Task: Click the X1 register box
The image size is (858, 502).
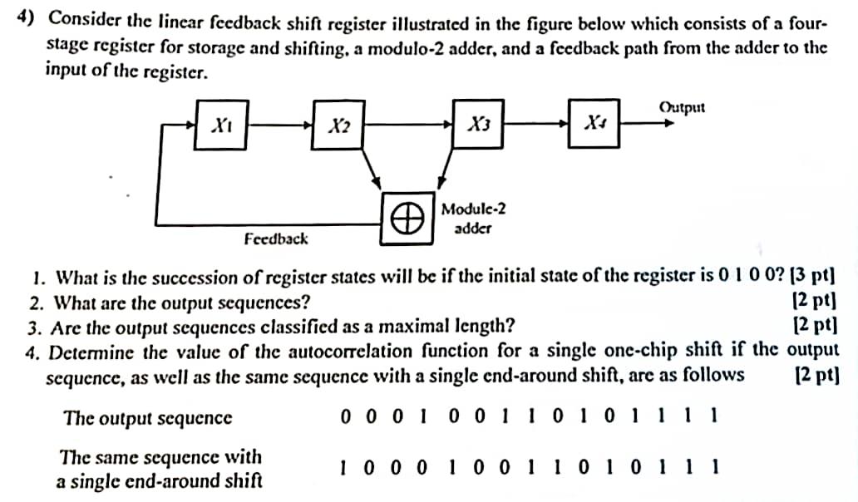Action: (x=221, y=125)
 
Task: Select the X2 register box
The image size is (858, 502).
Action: (x=338, y=126)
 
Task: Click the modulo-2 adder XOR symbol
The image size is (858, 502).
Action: (x=406, y=218)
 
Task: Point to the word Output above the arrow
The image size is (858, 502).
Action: (x=682, y=106)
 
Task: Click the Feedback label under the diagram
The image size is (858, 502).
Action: (x=275, y=239)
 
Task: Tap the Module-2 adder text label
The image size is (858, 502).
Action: (x=474, y=218)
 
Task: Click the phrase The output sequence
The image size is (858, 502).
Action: (x=148, y=417)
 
